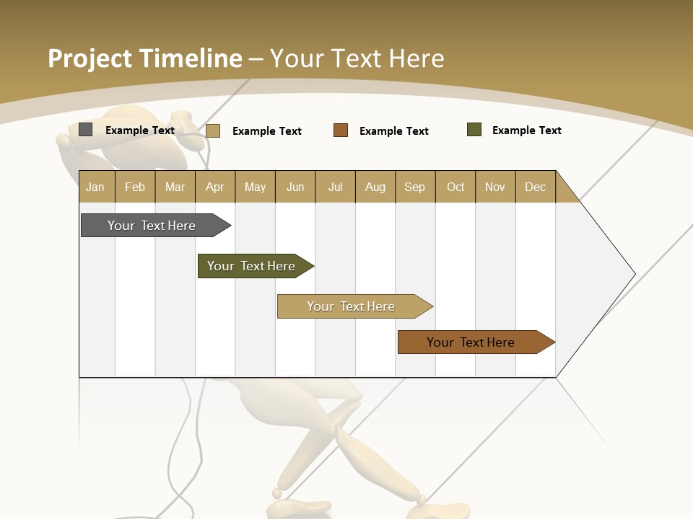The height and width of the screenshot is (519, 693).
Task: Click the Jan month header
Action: click(x=95, y=187)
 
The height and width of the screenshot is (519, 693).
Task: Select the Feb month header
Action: click(x=135, y=187)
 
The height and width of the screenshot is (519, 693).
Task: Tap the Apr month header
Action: click(x=214, y=187)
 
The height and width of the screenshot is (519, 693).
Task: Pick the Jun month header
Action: click(x=295, y=187)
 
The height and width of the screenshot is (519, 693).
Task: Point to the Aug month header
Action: click(x=375, y=187)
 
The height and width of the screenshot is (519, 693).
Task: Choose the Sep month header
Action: click(x=414, y=187)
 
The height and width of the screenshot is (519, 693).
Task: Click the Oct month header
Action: click(x=456, y=187)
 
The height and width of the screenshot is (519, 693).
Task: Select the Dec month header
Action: click(x=535, y=187)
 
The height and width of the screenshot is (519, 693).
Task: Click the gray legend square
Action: click(x=86, y=130)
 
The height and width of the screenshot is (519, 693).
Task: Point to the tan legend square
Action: click(x=213, y=130)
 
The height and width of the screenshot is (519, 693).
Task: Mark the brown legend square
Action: click(x=341, y=130)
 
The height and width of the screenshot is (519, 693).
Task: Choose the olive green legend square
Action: click(x=474, y=130)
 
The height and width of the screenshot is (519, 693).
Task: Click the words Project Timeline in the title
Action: click(x=145, y=58)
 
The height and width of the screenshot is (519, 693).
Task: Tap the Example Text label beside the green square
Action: click(x=526, y=130)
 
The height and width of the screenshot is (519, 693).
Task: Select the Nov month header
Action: click(x=495, y=187)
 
